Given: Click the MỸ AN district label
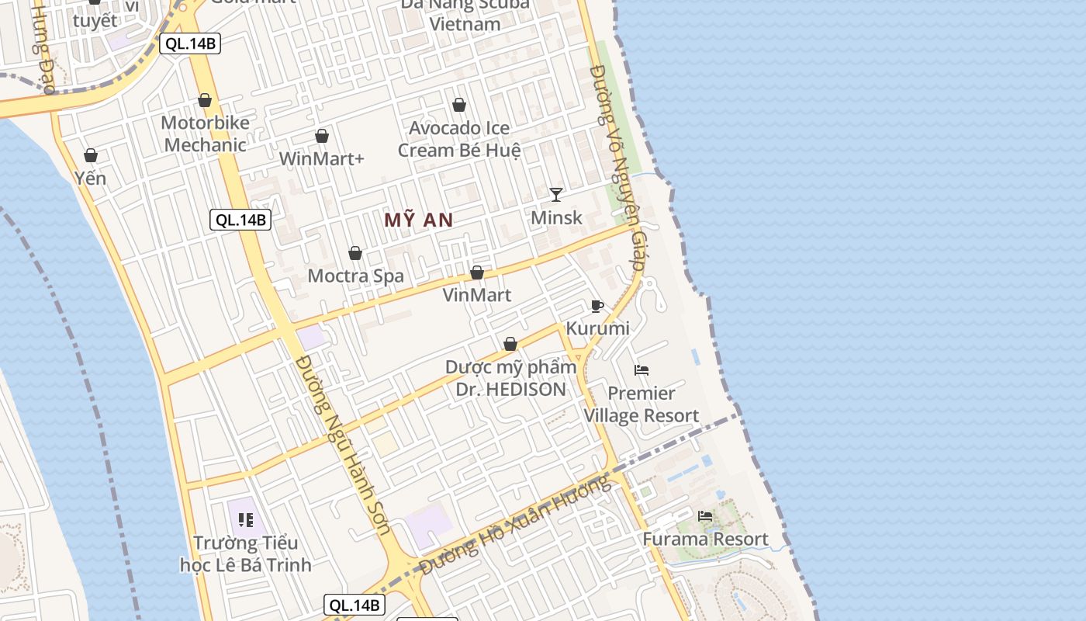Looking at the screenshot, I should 418,220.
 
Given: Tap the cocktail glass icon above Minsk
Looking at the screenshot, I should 556,194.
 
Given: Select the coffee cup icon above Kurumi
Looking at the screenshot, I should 597,306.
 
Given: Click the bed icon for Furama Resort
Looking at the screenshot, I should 705,515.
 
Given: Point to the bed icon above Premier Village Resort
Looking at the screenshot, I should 642,369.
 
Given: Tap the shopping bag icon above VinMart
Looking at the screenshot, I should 477,272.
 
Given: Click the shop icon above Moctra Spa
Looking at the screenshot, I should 355,253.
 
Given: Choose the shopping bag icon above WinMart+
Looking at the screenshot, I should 322,137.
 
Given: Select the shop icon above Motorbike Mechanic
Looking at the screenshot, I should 205,100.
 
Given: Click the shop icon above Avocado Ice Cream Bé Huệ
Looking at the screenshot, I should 459,105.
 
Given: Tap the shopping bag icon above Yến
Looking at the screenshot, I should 91,155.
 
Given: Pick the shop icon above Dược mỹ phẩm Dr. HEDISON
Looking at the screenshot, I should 510,344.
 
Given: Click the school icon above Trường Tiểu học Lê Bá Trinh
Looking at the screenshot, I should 246,520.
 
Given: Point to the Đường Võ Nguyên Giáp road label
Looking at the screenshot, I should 618,167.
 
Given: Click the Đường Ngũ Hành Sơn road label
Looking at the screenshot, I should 343,445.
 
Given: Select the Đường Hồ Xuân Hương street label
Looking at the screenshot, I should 516,526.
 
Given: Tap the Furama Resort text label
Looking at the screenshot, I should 705,539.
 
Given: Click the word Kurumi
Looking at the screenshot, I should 597,328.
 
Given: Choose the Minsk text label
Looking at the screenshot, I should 556,217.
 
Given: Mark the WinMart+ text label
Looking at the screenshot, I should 322,159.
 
